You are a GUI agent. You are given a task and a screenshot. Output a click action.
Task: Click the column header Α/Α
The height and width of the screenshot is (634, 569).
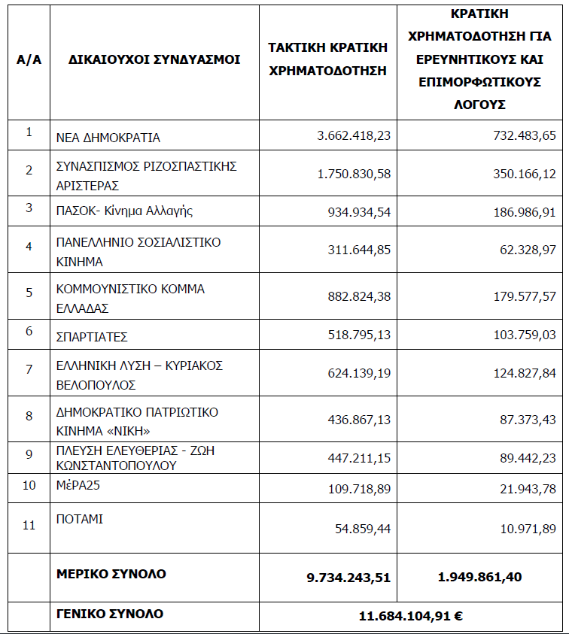click(29, 59)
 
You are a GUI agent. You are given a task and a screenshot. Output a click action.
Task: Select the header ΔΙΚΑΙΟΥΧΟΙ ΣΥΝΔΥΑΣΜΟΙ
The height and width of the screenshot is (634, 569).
click(148, 59)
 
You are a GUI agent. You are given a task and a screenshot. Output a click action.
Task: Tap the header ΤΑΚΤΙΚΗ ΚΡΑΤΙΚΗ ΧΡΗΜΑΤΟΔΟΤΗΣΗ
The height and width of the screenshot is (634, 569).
click(327, 59)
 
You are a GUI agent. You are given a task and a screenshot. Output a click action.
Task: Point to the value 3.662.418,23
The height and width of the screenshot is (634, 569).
click(354, 135)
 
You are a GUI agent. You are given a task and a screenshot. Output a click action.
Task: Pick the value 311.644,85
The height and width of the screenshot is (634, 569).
click(359, 250)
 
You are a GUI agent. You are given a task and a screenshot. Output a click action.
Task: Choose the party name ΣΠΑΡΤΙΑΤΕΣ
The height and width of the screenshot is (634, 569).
click(92, 335)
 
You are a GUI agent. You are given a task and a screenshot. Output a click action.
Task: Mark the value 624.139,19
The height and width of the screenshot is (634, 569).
click(359, 373)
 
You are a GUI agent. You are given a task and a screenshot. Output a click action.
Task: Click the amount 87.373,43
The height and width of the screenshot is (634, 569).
click(525, 420)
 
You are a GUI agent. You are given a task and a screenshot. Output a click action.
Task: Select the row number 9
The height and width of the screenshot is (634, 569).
click(29, 454)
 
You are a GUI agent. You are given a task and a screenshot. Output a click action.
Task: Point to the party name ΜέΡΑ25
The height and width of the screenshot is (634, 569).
click(78, 486)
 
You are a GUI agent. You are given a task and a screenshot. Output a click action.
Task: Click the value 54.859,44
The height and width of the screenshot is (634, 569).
click(363, 529)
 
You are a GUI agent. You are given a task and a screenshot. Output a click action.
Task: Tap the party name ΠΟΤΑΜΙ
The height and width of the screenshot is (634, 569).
click(80, 519)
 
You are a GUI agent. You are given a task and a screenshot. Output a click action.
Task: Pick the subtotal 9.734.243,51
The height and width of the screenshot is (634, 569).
click(348, 578)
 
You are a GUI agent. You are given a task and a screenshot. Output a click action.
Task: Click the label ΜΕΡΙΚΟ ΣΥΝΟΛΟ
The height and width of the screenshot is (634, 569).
click(111, 574)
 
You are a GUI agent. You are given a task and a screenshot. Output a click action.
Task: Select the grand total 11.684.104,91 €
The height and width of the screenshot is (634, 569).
click(410, 616)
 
